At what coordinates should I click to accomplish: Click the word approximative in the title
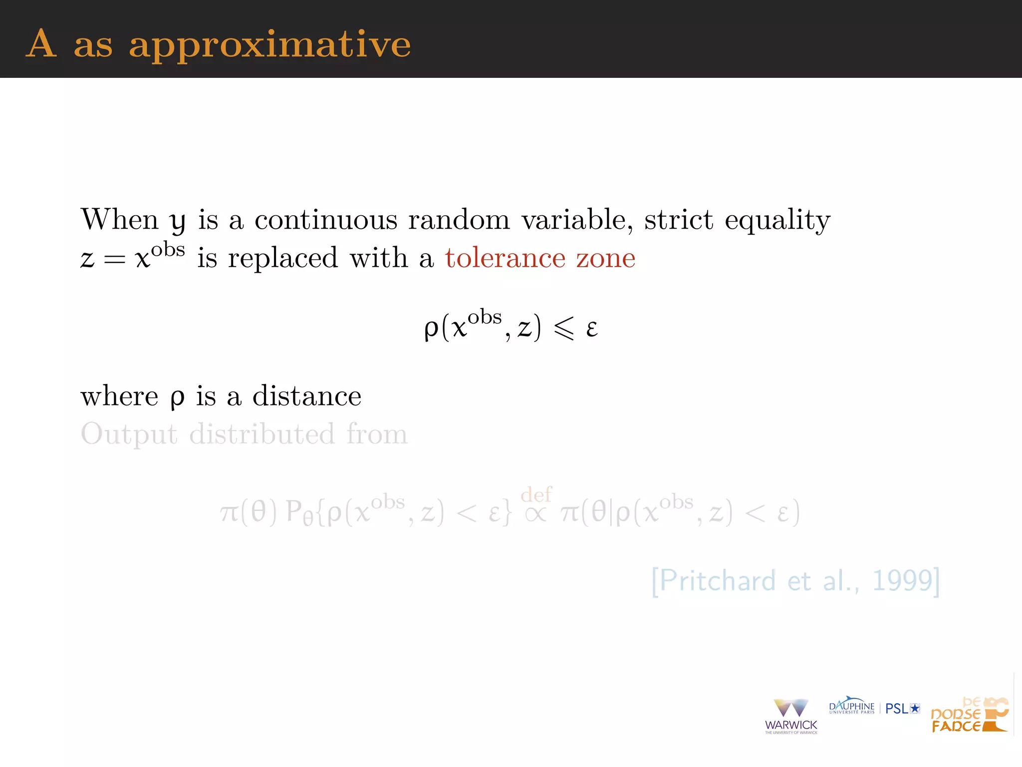coord(269,45)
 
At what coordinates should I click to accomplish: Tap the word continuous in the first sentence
coord(325,220)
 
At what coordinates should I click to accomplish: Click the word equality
coord(777,221)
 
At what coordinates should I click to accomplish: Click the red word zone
coord(606,258)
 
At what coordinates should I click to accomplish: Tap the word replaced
coord(283,259)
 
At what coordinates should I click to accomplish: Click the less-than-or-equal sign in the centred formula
coord(564,329)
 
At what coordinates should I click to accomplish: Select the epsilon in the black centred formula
coord(592,329)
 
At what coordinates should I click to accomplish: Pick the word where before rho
coord(119,396)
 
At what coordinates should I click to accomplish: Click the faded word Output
coord(129,434)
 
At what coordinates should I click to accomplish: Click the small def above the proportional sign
coord(536,494)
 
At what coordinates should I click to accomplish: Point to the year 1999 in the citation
coord(902,581)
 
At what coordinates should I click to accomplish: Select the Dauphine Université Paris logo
coord(851,706)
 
